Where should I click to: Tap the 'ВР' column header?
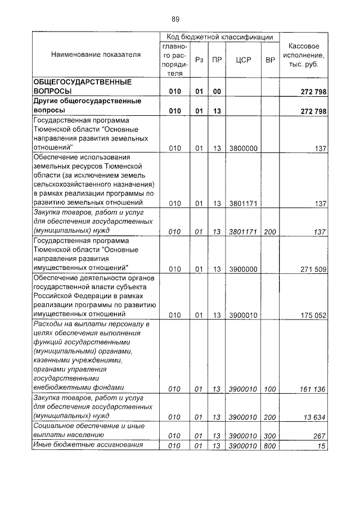pos(270,59)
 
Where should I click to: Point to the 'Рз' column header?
pos(199,59)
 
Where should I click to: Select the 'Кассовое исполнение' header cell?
pos(304,55)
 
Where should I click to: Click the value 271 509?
pos(313,269)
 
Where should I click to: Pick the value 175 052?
pos(313,315)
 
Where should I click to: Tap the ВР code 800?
pos(270,445)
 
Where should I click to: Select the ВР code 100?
pos(270,388)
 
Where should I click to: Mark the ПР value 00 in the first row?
pos(217,91)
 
